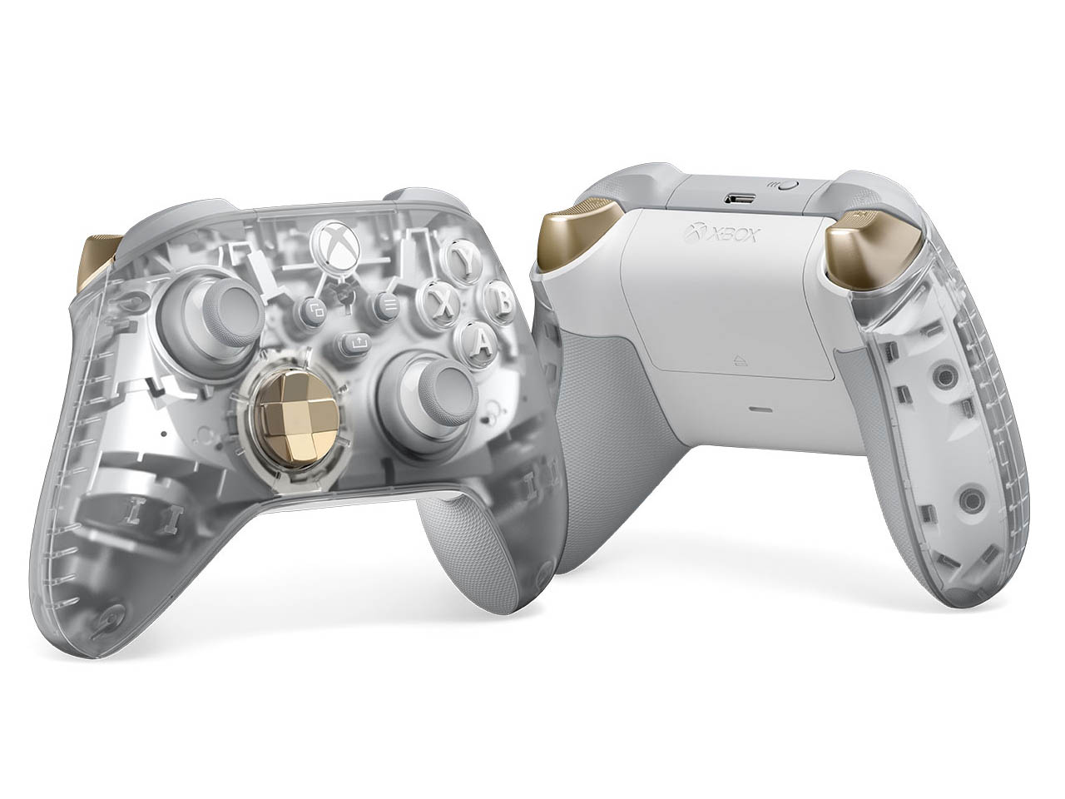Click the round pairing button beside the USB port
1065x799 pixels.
click(786, 187)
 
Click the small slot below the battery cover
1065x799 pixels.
click(760, 409)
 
